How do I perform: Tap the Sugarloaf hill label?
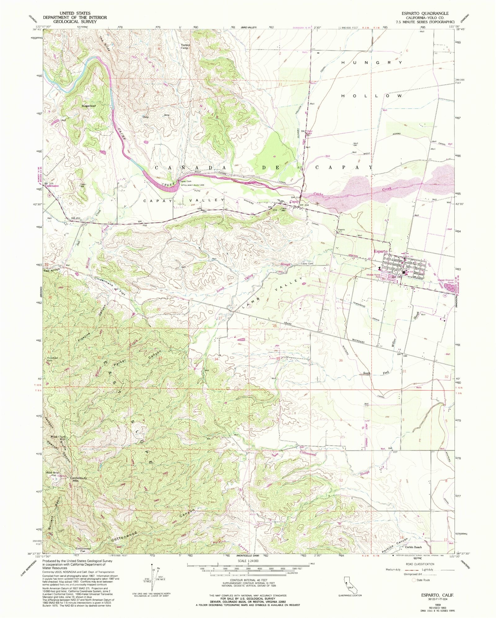pyautogui.click(x=88, y=106)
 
